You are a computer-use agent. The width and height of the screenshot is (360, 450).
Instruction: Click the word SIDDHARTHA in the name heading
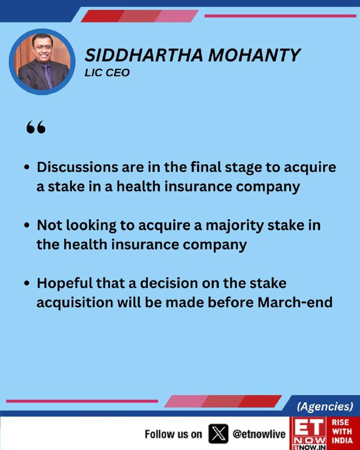tap(144, 55)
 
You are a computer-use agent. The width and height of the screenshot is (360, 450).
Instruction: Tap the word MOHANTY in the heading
tap(254, 55)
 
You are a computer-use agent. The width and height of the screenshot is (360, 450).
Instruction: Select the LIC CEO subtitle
tap(107, 73)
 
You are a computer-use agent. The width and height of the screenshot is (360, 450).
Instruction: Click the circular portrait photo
tap(42, 62)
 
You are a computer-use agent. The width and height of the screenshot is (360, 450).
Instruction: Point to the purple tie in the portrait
tap(47, 76)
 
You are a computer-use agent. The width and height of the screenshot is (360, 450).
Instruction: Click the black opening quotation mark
tap(36, 127)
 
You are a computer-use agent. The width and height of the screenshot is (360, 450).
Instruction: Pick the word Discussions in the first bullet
tap(77, 167)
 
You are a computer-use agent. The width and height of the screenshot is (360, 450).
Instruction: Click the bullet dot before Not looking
tap(27, 226)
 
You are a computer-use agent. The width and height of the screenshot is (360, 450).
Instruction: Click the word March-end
tap(295, 303)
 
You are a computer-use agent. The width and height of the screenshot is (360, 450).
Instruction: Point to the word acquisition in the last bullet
tap(75, 303)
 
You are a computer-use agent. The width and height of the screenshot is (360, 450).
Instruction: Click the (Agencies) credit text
tap(325, 406)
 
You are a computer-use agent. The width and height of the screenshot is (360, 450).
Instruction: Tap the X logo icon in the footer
tap(218, 434)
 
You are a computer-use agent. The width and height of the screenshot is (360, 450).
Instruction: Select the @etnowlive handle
tap(259, 434)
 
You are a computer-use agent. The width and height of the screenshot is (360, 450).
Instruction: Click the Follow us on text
tap(173, 434)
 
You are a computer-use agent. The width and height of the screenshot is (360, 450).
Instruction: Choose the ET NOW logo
tap(308, 433)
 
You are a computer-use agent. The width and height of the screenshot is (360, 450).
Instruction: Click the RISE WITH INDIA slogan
tap(342, 431)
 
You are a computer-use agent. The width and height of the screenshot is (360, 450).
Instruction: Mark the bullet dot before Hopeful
tap(27, 283)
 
